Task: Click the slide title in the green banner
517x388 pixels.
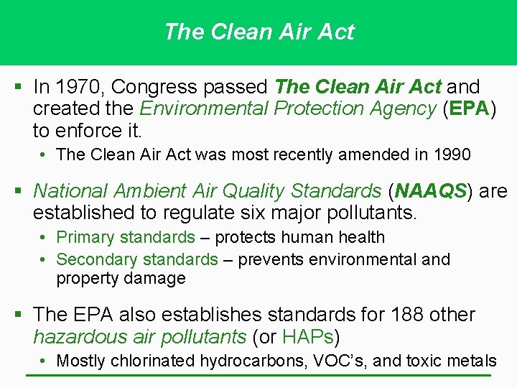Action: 258,32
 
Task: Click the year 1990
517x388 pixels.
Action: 450,154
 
